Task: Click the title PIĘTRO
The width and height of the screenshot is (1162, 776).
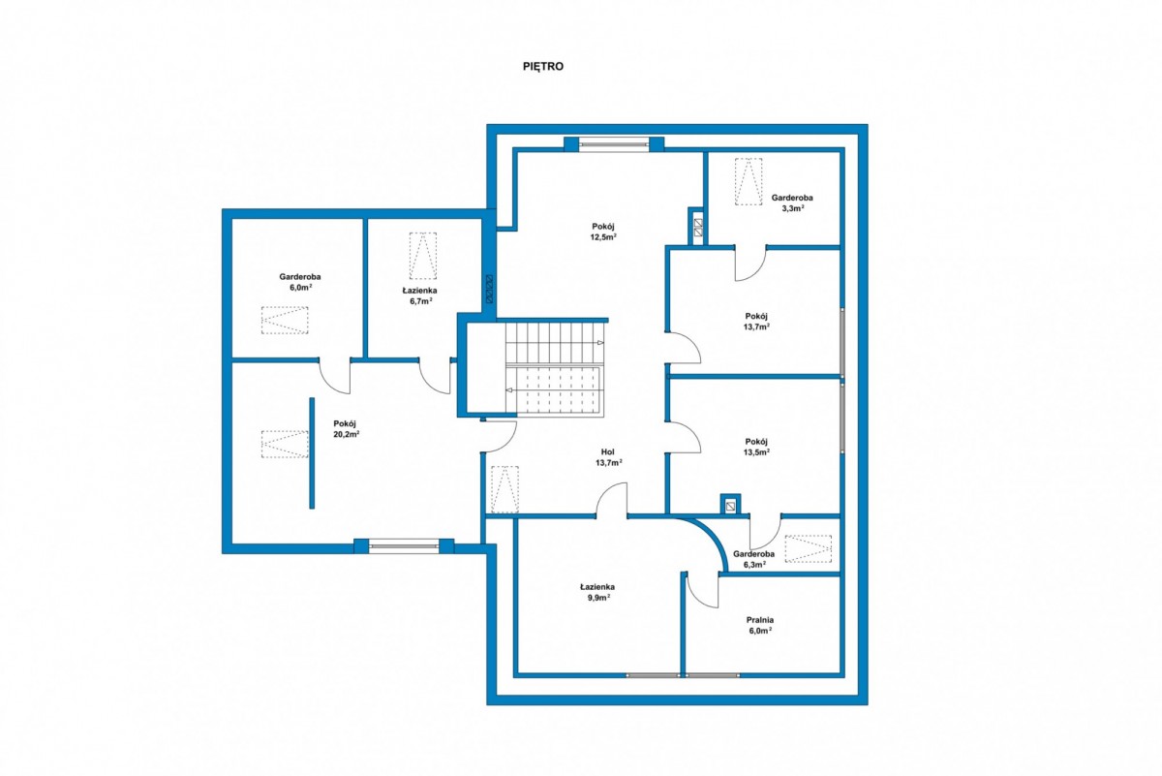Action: point(543,67)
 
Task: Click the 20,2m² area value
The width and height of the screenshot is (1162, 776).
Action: point(347,434)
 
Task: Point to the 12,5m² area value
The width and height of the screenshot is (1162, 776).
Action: point(604,237)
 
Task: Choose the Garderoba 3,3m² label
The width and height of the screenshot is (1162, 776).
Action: point(792,202)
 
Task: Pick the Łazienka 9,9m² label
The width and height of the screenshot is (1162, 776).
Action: point(597,592)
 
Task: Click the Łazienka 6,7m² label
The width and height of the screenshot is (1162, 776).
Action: point(418,295)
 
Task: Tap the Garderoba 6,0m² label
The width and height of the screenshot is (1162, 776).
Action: point(300,282)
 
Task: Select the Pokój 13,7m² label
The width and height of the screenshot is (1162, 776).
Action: point(756,322)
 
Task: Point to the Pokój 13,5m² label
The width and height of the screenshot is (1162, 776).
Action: point(756,447)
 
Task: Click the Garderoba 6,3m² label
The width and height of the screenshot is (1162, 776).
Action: point(753,559)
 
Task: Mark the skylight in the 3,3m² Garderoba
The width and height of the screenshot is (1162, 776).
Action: point(749,182)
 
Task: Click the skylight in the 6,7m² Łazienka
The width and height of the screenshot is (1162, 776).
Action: point(423,256)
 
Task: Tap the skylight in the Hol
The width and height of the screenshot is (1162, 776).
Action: point(505,489)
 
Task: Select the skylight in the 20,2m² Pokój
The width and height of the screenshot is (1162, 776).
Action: point(285,445)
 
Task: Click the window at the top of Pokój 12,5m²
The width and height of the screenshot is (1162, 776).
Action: point(614,144)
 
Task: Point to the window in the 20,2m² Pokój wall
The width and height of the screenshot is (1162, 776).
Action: point(404,546)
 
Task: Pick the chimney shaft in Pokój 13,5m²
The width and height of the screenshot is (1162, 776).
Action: point(730,504)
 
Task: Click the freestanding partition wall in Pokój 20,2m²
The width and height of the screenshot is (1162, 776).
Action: point(312,453)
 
